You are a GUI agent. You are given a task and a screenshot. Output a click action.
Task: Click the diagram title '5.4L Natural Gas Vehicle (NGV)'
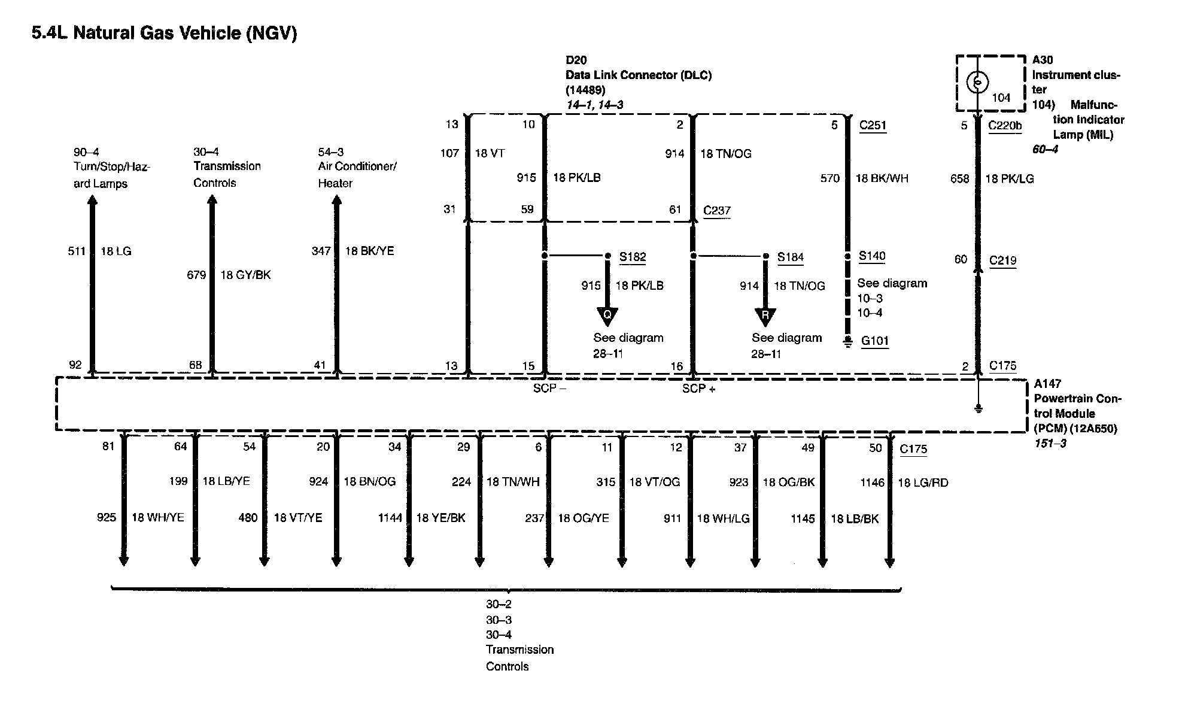(164, 33)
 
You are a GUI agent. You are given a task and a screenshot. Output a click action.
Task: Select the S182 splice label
(633, 257)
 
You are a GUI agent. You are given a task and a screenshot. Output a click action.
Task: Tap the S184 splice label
(790, 257)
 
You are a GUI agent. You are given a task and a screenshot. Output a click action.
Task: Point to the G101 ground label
(874, 341)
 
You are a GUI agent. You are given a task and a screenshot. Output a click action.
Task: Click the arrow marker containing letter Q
(607, 316)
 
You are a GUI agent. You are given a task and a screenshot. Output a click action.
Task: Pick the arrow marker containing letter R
(765, 316)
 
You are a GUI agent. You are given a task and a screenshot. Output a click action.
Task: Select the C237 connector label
(716, 210)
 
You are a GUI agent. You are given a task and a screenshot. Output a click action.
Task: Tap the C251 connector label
(873, 125)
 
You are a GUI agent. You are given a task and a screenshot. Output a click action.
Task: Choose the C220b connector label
(1005, 126)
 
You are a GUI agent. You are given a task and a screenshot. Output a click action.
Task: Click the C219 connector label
(1002, 260)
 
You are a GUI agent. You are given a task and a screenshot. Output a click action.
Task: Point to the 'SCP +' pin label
(699, 389)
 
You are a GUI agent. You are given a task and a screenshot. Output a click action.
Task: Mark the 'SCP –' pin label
(549, 388)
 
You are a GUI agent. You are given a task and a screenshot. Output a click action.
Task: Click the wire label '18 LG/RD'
(923, 483)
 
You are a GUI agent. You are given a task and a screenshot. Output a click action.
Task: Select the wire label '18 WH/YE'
(157, 518)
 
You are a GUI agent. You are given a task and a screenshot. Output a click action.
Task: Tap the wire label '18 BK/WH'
(882, 178)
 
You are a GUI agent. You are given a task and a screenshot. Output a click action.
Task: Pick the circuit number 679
(196, 275)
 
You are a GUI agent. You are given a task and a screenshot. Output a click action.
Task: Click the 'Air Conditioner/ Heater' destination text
(357, 174)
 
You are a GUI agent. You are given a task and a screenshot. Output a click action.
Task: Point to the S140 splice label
(872, 256)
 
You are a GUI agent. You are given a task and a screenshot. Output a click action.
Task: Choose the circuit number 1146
(872, 483)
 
